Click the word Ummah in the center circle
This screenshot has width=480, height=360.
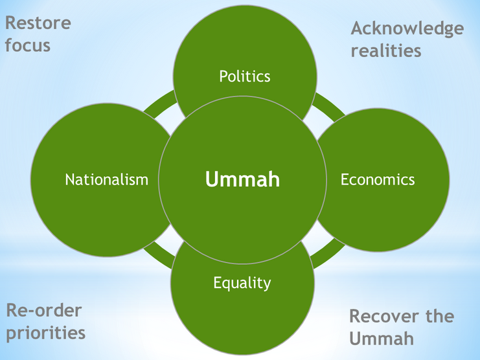243,179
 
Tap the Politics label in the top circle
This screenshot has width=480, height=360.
244,76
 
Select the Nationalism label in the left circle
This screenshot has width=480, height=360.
107,179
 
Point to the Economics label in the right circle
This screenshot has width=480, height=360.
378,179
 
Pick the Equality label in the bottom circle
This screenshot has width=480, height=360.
242,283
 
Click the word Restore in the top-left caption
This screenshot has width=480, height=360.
38,23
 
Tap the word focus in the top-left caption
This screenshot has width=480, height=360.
27,46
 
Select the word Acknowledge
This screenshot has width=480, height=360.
407,28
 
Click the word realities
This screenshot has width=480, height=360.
386,51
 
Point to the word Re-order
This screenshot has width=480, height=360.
44,310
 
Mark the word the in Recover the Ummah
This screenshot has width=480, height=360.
439,317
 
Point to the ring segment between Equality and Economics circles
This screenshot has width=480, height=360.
328,253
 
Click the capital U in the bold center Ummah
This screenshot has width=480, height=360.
212,179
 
